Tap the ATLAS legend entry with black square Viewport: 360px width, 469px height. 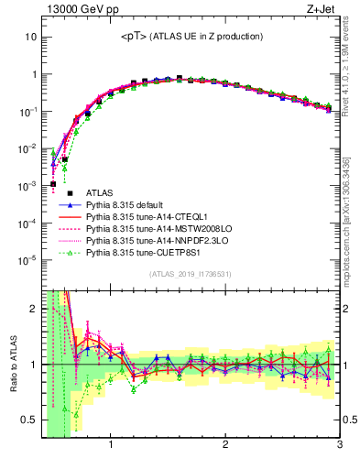(99, 193)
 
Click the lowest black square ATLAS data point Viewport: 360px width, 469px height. (53, 183)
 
